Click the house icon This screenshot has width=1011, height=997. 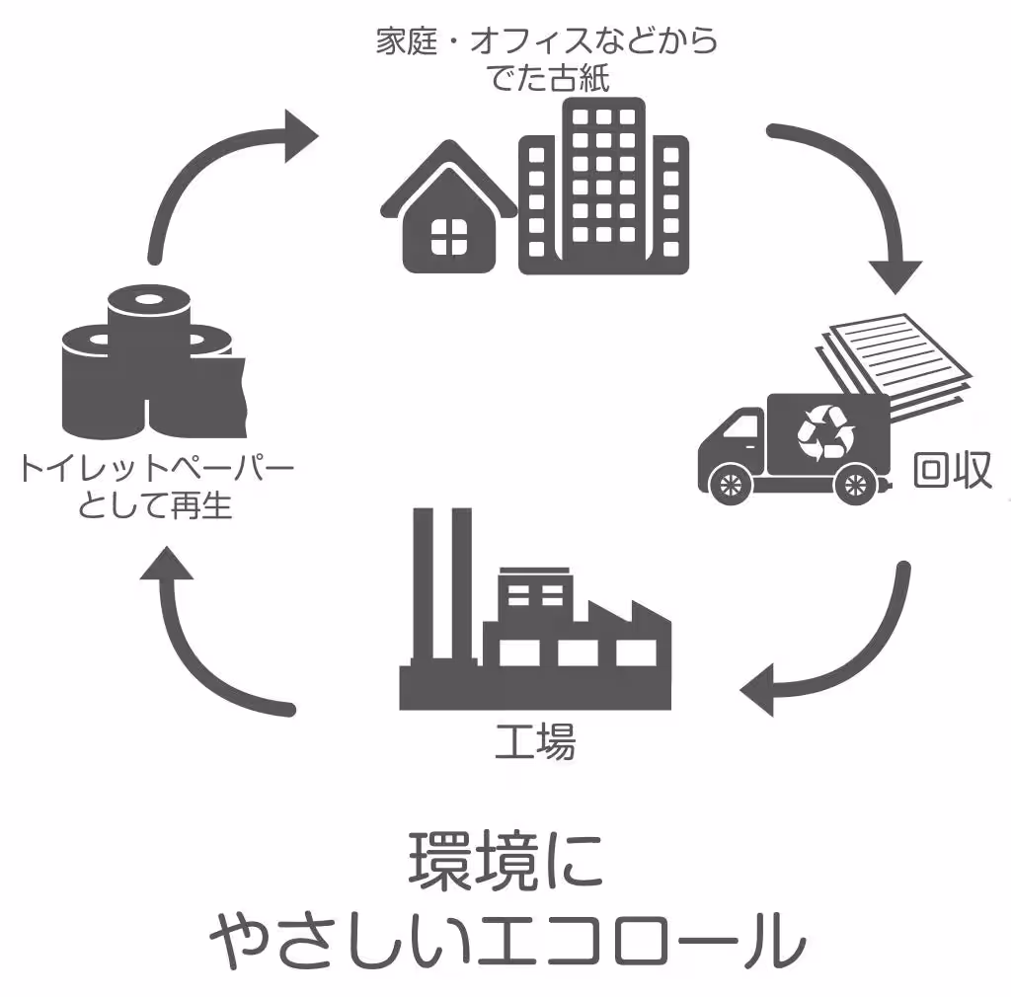(x=449, y=212)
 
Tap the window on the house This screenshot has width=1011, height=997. (x=449, y=237)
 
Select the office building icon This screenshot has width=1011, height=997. (x=603, y=186)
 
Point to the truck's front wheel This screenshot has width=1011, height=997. (x=730, y=484)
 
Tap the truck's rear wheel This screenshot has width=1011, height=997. (x=855, y=484)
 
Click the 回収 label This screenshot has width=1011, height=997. (x=953, y=470)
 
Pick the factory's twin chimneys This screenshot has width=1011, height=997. (x=442, y=583)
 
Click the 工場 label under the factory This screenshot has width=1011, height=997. (x=535, y=741)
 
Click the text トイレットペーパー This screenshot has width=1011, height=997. (x=156, y=467)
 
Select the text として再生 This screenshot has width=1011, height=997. (x=155, y=504)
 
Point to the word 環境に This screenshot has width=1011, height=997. (x=506, y=862)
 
